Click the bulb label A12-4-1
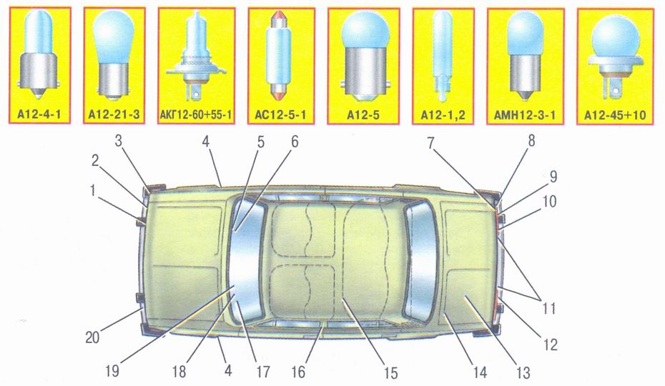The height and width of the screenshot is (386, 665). point(39,114)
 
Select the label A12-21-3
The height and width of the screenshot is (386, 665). point(114,114)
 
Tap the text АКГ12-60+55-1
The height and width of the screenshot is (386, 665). point(197,114)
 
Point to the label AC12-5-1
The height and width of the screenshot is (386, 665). point(281,114)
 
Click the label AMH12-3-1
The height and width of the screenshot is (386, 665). point(525,114)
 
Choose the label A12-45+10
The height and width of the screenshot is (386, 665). point(615,115)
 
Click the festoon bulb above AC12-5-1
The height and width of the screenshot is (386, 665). point(280,56)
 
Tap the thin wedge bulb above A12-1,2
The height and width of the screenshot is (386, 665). point(442,56)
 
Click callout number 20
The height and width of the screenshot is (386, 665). point(92,337)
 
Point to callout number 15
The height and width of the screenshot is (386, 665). point(390,372)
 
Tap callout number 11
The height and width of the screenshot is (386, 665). point(548,308)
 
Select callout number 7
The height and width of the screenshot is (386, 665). point(431,144)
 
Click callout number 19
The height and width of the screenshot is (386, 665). point(112,372)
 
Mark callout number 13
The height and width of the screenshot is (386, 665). point(523,373)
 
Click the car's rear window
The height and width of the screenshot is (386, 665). point(420,262)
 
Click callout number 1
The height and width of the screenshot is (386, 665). point(92,191)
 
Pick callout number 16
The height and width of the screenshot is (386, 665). point(298,372)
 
